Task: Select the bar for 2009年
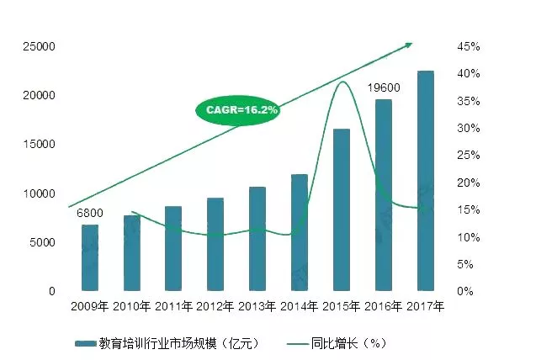click(89, 257)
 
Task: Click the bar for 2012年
click(215, 244)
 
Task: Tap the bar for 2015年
click(342, 209)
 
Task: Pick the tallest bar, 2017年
click(426, 181)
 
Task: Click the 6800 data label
click(90, 213)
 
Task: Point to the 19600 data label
click(383, 87)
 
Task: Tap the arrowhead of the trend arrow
click(409, 44)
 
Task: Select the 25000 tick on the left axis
click(39, 46)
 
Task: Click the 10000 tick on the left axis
click(39, 193)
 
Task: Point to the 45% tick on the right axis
click(469, 46)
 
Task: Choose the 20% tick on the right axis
click(469, 183)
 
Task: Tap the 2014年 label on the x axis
click(299, 307)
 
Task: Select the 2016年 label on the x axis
click(383, 307)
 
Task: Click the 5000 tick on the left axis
click(41, 242)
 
